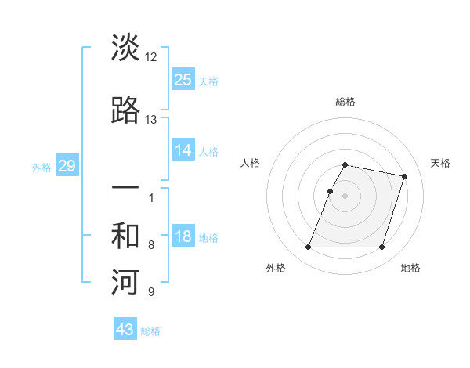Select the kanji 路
[125, 110]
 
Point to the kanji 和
[125, 236]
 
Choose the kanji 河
[125, 283]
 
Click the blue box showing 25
[183, 79]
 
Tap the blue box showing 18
[183, 236]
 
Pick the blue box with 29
[67, 165]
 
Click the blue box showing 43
[125, 330]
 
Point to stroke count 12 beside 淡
[151, 57]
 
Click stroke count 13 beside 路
[151, 120]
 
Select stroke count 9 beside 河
[151, 292]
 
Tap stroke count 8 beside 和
[151, 245]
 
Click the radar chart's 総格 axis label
[345, 102]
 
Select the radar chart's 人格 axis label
[251, 163]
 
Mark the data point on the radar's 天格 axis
[405, 177]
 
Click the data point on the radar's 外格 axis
[309, 247]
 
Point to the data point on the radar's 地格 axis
[381, 247]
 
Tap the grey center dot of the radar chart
[345, 196]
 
